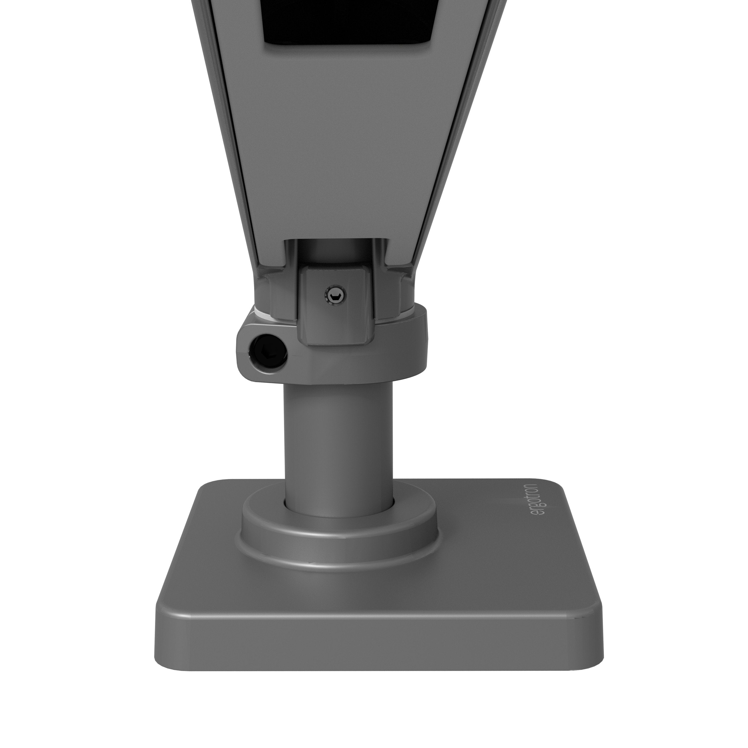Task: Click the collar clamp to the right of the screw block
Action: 403,341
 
